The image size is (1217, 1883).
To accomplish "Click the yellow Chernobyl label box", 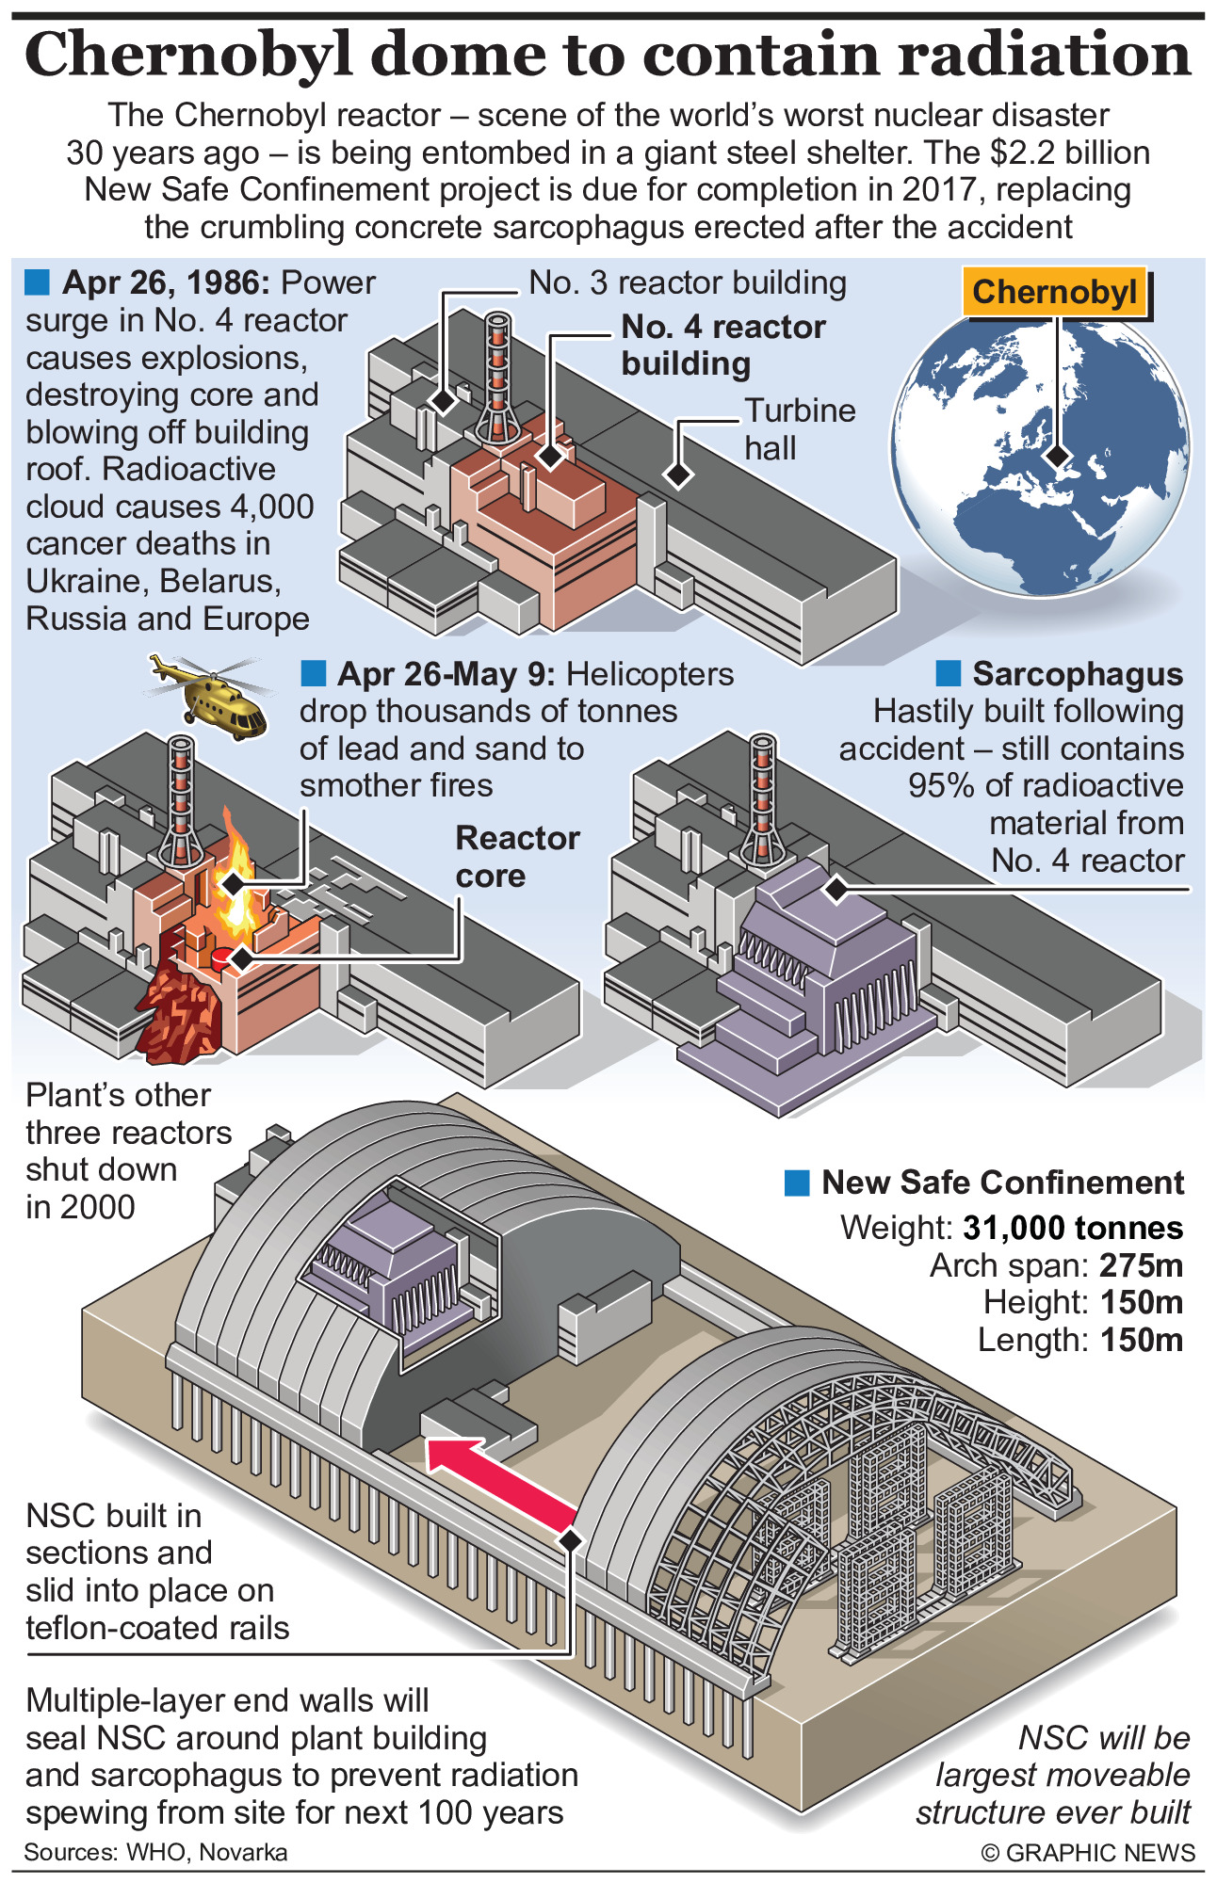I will [1055, 293].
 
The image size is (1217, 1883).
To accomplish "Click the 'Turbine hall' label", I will [800, 429].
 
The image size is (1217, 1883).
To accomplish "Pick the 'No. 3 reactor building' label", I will [687, 282].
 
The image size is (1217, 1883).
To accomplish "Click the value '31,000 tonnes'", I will [1073, 1228].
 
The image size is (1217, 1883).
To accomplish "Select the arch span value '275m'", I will [1141, 1265].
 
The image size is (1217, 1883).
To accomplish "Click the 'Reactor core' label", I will [517, 857].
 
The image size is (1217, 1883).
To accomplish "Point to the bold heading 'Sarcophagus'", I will [1078, 674].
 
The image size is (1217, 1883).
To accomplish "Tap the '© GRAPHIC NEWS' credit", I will [1088, 1853].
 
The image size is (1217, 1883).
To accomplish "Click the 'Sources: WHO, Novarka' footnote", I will [155, 1853].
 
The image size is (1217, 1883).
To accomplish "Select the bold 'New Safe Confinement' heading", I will [1002, 1183].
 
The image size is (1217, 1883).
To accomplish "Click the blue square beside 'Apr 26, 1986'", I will [37, 282].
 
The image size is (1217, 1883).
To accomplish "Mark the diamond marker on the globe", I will [1059, 456].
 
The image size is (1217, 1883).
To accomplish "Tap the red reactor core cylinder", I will [220, 958].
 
